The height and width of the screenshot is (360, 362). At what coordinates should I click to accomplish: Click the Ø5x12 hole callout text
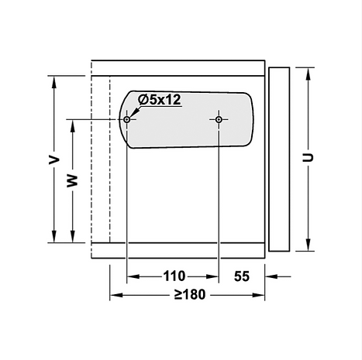tap(159, 99)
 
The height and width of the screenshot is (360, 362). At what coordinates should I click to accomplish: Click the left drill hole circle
tap(126, 119)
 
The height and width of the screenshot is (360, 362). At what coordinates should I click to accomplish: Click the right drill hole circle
tap(219, 119)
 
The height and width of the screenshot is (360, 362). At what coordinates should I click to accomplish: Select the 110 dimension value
tap(174, 276)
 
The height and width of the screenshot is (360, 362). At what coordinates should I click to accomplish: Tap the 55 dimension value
tap(242, 276)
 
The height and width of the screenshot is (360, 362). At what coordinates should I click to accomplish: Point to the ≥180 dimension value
tap(190, 294)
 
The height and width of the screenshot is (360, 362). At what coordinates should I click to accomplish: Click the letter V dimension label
tap(54, 159)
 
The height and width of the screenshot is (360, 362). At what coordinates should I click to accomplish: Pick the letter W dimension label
tap(72, 180)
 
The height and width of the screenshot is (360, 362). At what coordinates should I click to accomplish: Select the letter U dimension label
tap(308, 157)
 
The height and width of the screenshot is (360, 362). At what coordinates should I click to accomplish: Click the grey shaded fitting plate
tap(186, 120)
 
